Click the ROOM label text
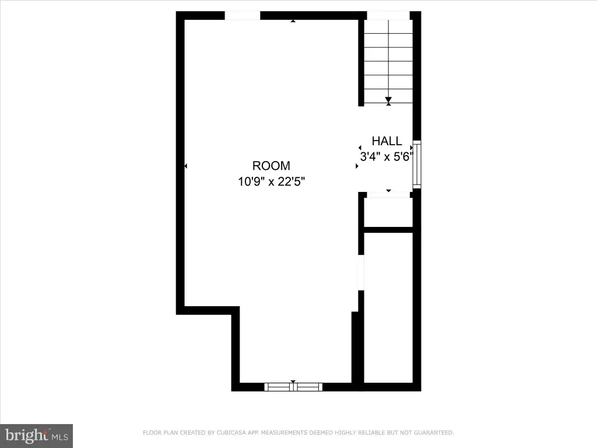pos(271,166)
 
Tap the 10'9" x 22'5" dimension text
pos(272,181)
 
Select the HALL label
pos(387,141)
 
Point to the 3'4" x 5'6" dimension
pos(387,156)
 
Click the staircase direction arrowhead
pos(388,100)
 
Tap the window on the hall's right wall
pos(417,164)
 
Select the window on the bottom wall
pos(293,387)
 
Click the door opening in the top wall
pos(243,16)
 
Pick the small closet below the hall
pos(388,212)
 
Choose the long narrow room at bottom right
pos(388,308)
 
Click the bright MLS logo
pos(37,436)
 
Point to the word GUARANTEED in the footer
pos(434,433)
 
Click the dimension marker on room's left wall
pos(186,166)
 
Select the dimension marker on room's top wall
pos(293,21)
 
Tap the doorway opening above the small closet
pos(388,195)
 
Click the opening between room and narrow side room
pos(361,273)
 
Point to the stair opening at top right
pos(388,16)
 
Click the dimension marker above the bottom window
pos(293,381)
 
